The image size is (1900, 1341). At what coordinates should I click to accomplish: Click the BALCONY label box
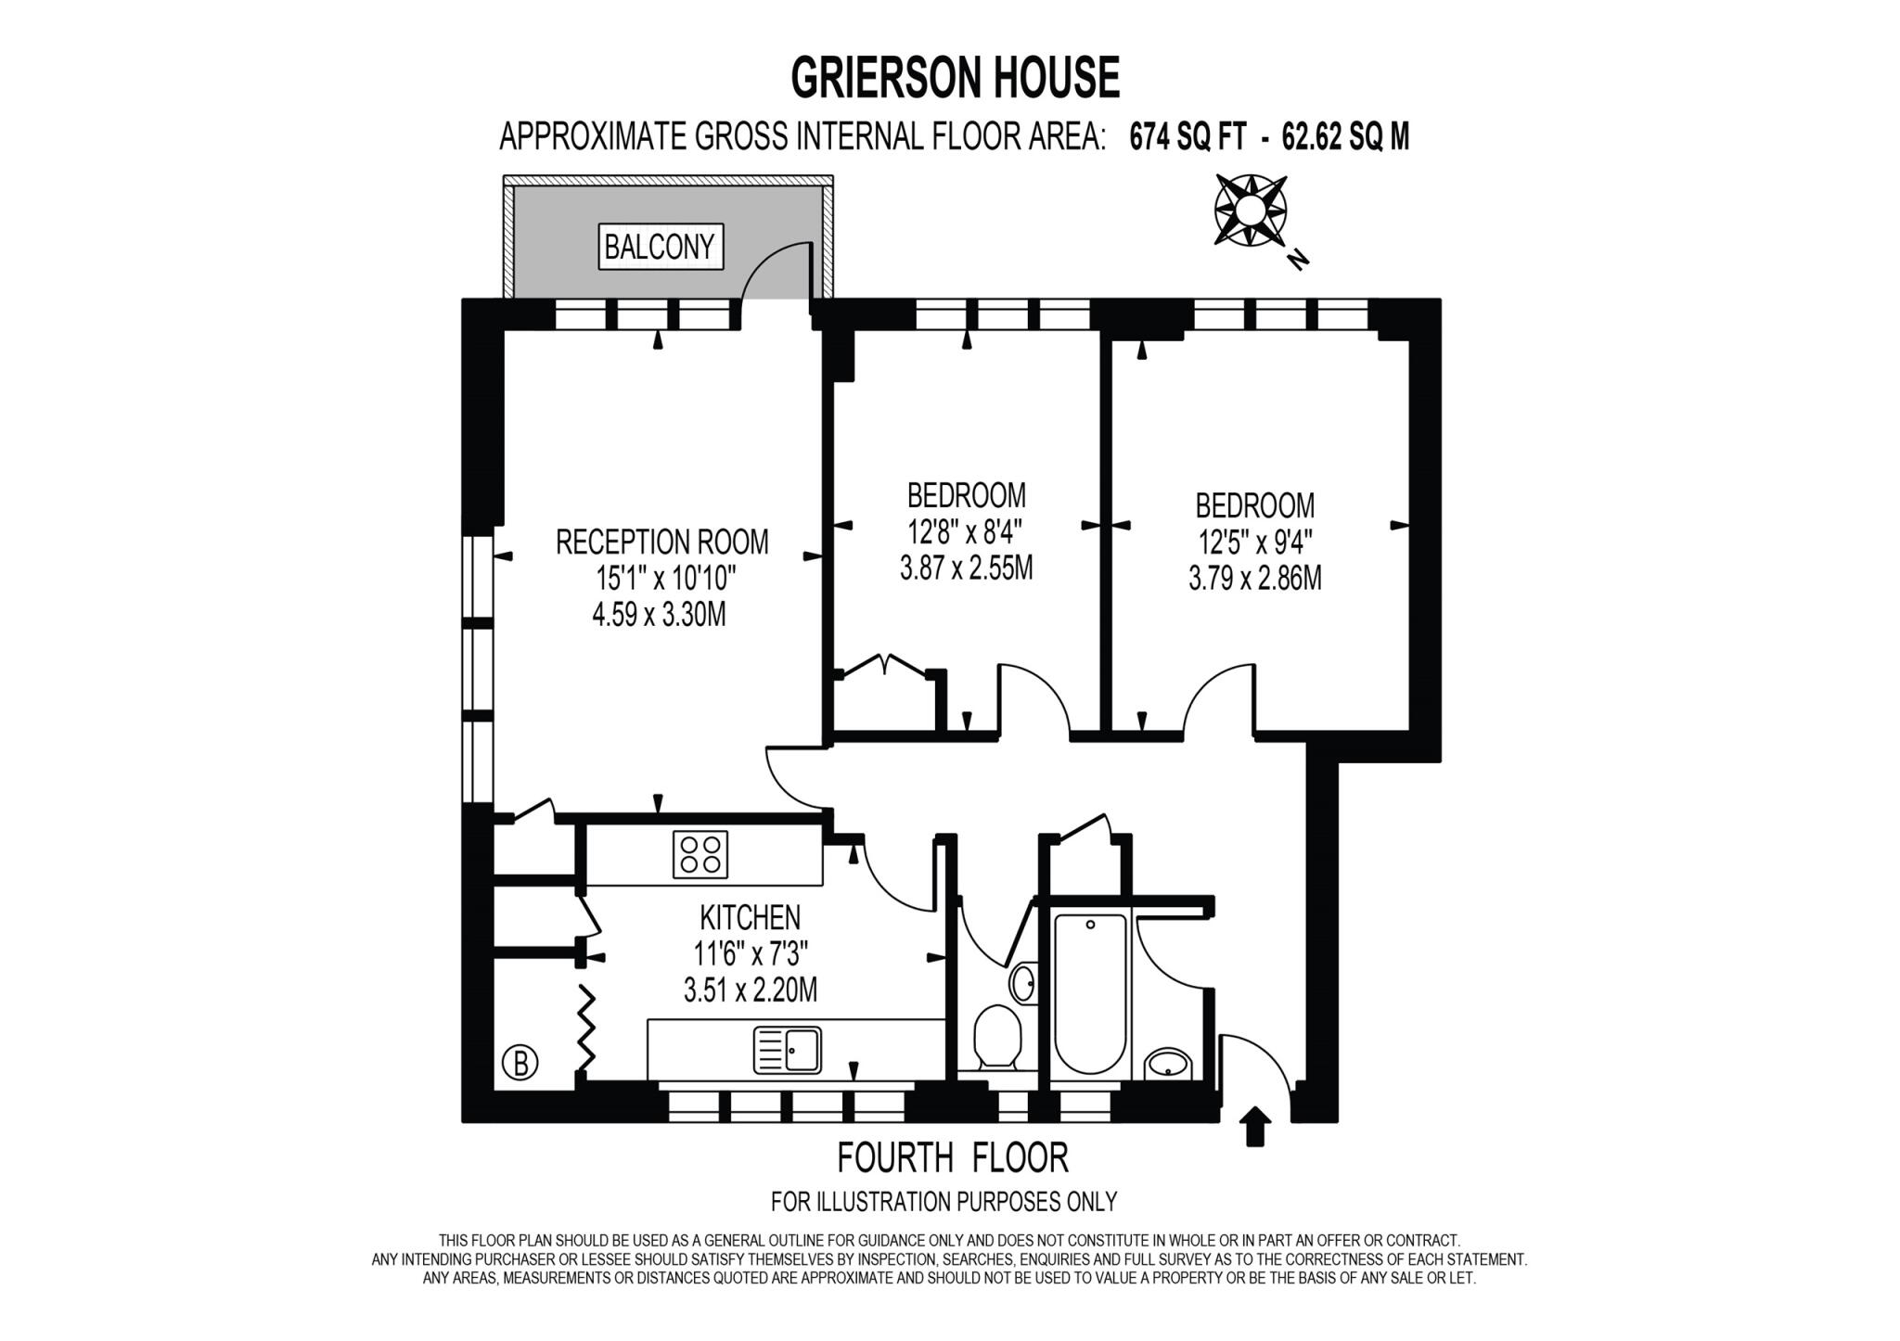click(660, 247)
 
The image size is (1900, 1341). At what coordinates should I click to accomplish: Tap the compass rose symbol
click(1249, 211)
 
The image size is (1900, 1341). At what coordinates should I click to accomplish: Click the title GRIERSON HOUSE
click(955, 77)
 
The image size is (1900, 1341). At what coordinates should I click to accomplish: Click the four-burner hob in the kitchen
click(700, 855)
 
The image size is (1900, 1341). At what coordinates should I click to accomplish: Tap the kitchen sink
click(788, 1050)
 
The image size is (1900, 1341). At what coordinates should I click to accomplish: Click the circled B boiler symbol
click(520, 1062)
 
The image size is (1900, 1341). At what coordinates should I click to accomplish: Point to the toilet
click(997, 1037)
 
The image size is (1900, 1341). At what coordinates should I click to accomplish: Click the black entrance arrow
click(1254, 1126)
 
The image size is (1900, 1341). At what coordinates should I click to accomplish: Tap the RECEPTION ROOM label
click(661, 542)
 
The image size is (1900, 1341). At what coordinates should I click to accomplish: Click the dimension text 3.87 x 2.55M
click(966, 568)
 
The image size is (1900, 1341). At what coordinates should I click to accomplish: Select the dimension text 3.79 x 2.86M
click(1254, 579)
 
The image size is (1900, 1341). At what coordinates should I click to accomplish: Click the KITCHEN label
click(750, 917)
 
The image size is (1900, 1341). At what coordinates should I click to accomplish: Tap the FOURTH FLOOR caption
click(953, 1157)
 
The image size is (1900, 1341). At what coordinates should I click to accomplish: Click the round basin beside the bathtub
click(1168, 1064)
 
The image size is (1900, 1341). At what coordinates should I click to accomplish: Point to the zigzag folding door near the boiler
click(586, 1028)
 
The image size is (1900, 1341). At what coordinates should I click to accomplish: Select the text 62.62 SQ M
click(1344, 137)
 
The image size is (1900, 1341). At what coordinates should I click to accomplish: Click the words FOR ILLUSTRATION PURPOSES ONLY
click(944, 1202)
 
